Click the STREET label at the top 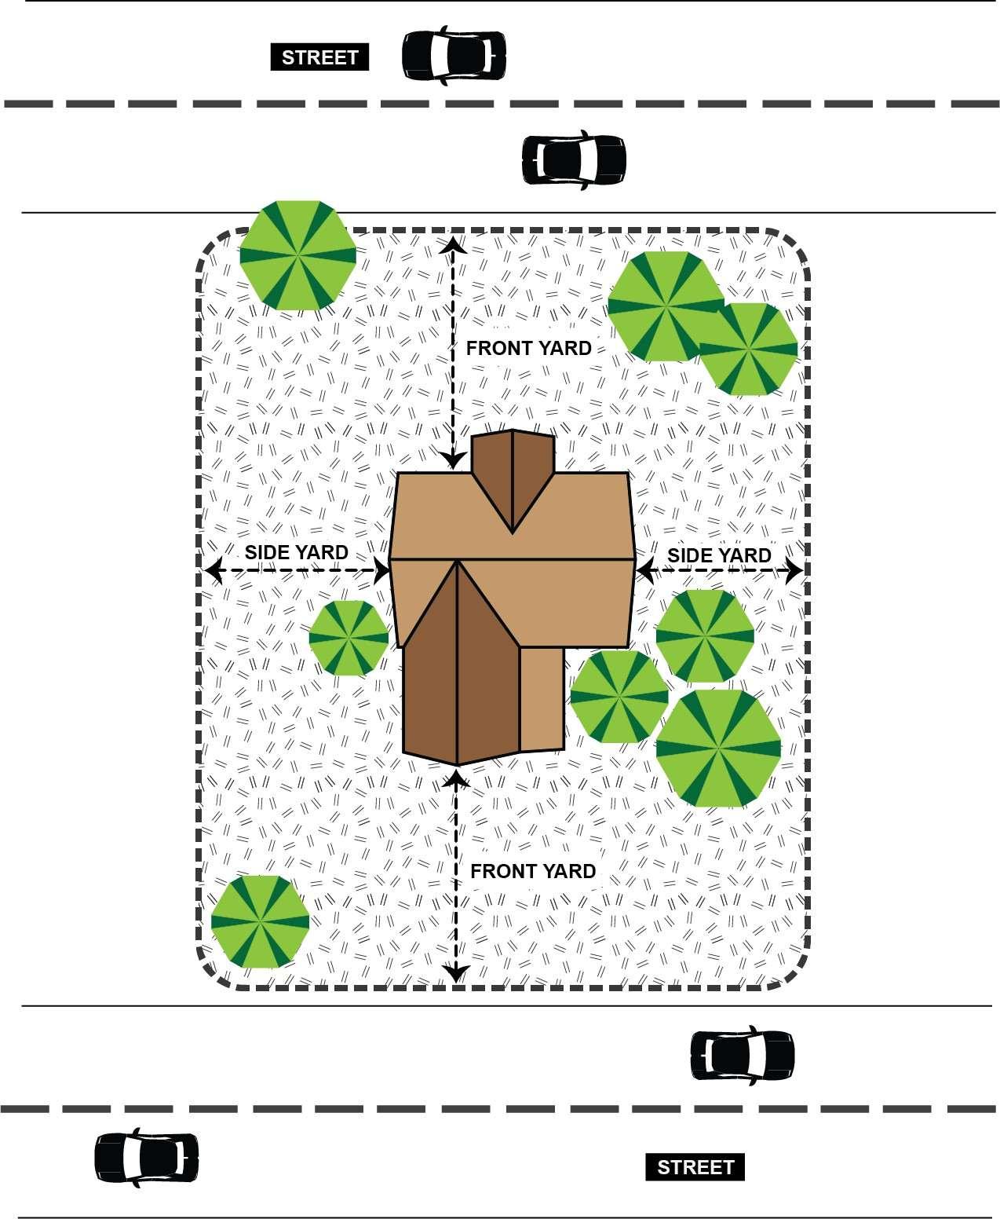(x=319, y=57)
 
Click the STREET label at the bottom (x=695, y=1166)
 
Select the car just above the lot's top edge (x=574, y=159)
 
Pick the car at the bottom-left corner (x=146, y=1158)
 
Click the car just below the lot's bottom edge (x=742, y=1055)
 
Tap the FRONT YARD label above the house (x=529, y=348)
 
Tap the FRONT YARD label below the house (x=533, y=871)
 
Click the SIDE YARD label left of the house (x=296, y=552)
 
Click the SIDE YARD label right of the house (x=719, y=555)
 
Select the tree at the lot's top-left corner (x=297, y=254)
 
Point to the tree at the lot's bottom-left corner (x=261, y=921)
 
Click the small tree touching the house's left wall (x=349, y=637)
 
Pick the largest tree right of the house (x=718, y=748)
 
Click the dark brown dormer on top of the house (x=513, y=476)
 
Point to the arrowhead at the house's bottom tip (x=456, y=778)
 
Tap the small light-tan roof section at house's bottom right (x=542, y=697)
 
